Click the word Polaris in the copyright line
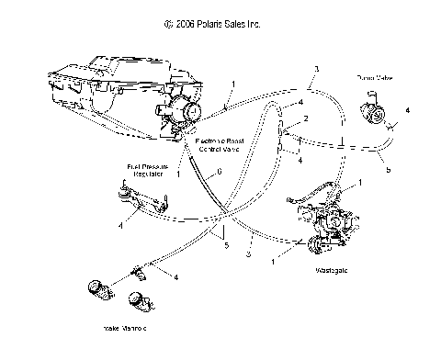coord(216,26)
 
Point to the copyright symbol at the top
coord(165,26)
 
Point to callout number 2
coord(305,120)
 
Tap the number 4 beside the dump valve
coord(407,111)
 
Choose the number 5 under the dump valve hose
coord(388,171)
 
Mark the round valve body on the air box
coord(191,114)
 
